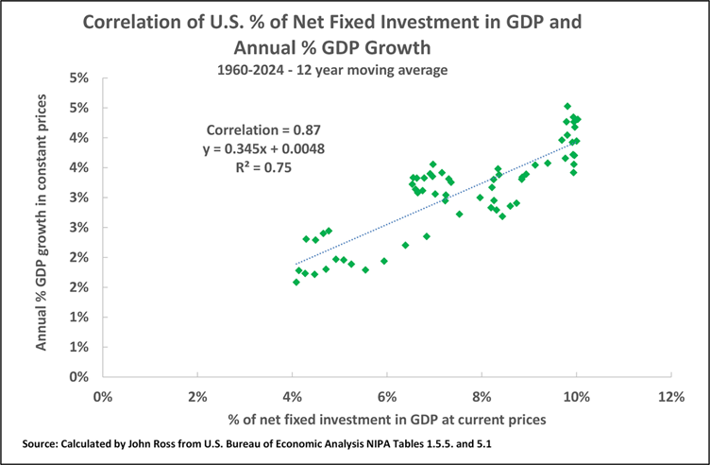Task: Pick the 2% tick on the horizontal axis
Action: (x=196, y=394)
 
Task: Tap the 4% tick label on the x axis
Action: (x=292, y=394)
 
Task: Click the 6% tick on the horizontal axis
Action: (x=386, y=394)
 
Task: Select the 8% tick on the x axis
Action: (x=482, y=394)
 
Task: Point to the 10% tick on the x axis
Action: (x=575, y=394)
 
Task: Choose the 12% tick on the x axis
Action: (x=670, y=394)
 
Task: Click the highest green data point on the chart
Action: (x=567, y=107)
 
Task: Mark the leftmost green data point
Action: (x=296, y=282)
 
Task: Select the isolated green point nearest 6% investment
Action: (x=384, y=261)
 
